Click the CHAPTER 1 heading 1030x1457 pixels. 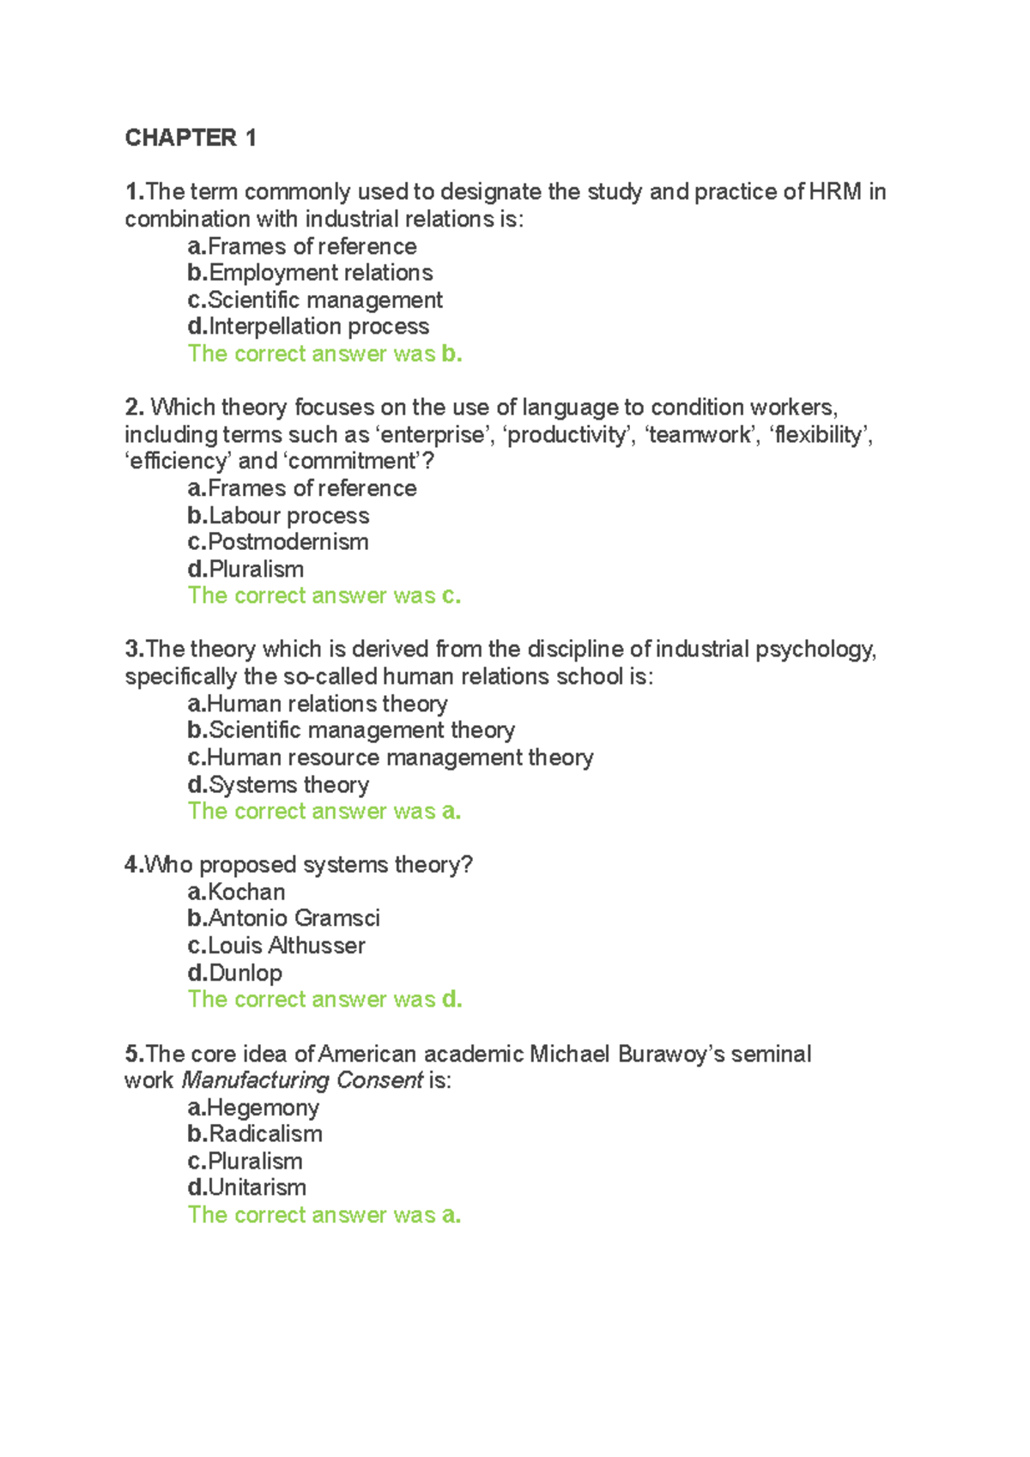coord(191,138)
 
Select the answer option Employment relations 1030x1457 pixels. coord(320,273)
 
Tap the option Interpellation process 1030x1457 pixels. coord(318,327)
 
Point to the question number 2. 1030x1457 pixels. coord(134,407)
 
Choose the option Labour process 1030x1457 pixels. coord(288,516)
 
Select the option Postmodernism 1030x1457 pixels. coord(288,542)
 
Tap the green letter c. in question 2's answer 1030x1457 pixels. coord(451,596)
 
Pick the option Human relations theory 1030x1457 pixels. coord(327,704)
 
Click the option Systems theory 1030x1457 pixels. coord(288,785)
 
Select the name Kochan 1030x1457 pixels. coord(246,892)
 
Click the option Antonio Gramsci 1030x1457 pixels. coord(294,919)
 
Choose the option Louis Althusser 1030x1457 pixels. coord(286,946)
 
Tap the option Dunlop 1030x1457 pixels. coord(245,973)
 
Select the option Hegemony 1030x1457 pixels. coord(263,1108)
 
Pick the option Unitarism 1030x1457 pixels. coord(257,1188)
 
